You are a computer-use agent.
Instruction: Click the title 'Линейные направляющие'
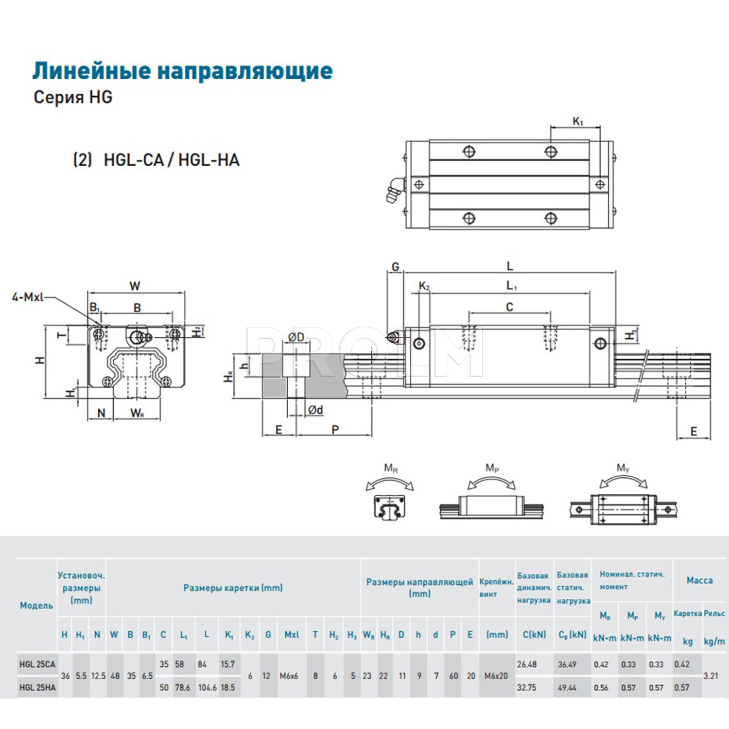[182, 71]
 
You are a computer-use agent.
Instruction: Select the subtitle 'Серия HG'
[73, 97]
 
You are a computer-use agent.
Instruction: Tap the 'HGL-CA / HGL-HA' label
[171, 160]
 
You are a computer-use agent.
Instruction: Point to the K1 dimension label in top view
[577, 121]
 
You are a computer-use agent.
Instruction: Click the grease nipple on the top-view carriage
[394, 191]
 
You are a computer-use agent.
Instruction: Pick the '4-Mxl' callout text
[28, 297]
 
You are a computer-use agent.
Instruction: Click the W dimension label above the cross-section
[135, 286]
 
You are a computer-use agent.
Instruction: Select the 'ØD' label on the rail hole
[296, 337]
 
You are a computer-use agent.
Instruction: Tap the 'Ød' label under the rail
[315, 410]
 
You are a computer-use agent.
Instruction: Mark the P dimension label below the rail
[335, 430]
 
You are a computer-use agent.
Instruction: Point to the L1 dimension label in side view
[511, 286]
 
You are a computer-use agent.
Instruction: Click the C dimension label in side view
[509, 307]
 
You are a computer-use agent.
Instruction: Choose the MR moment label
[391, 469]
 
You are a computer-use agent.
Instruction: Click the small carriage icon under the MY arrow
[624, 510]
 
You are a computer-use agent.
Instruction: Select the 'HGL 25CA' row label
[37, 664]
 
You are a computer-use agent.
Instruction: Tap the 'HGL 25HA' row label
[37, 688]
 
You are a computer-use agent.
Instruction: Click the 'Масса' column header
[699, 580]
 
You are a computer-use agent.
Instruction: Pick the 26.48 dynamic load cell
[527, 664]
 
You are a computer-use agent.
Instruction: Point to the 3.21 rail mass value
[711, 676]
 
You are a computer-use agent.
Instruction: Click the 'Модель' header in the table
[36, 606]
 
